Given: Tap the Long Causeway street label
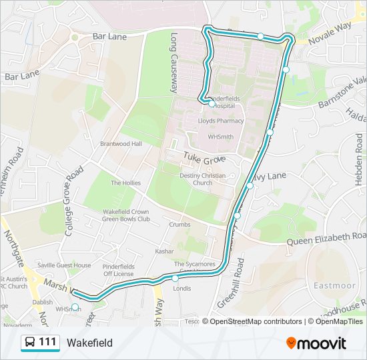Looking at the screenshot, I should click(174, 63).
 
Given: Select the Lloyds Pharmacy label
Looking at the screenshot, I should click(221, 121).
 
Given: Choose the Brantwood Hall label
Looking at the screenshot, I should click(121, 144).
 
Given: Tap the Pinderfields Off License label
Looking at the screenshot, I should click(119, 270).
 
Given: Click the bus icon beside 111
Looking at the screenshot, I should click(30, 343).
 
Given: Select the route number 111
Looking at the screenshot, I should click(47, 343).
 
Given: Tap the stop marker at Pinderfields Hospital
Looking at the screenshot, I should click(212, 104).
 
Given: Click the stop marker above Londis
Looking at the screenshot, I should click(175, 278).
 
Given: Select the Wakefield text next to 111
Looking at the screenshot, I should click(89, 343).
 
